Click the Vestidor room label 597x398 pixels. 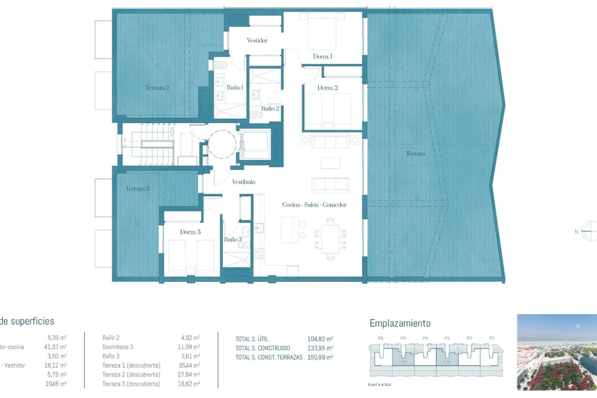click(x=257, y=40)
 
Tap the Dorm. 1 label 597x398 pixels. click(x=322, y=57)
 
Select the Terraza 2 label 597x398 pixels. click(x=157, y=88)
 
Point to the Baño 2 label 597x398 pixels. click(x=270, y=109)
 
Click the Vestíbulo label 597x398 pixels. click(x=243, y=182)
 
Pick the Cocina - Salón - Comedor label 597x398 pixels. click(x=314, y=205)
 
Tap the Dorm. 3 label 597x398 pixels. click(x=190, y=232)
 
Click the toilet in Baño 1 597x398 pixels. click(x=221, y=65)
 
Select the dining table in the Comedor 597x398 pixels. click(x=330, y=239)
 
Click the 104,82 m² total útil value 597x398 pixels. click(x=320, y=339)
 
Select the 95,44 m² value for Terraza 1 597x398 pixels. click(x=188, y=365)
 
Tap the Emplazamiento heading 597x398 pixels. click(x=400, y=323)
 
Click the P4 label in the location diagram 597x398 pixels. click(x=425, y=338)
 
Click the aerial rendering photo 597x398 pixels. click(x=557, y=352)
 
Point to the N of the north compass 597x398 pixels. click(x=576, y=232)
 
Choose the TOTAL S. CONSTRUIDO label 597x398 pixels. click(x=262, y=348)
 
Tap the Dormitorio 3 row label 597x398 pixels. click(x=118, y=347)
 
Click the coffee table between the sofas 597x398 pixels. click(x=330, y=163)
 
